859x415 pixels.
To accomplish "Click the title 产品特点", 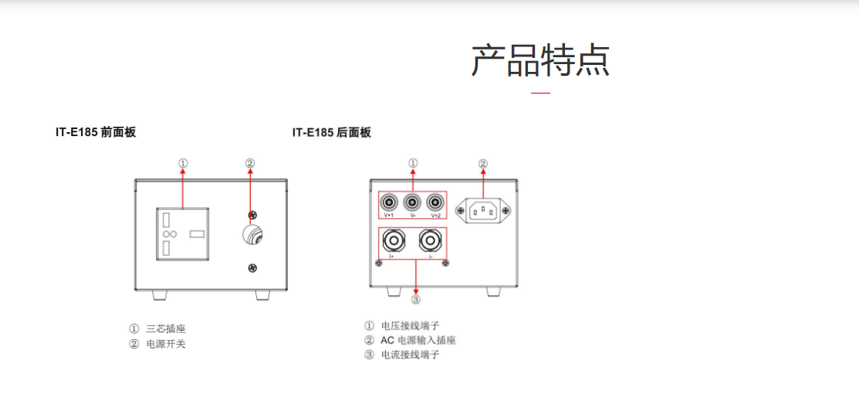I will coord(540,60).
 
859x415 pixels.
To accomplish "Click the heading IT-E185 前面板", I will coord(95,132).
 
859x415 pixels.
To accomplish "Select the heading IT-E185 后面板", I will coord(331,132).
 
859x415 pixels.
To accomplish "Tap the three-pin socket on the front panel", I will coord(183,233).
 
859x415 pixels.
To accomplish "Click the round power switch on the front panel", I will coord(252,234).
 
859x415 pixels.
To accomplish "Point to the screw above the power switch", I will coord(252,214).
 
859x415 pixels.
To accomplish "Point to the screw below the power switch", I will coord(252,268).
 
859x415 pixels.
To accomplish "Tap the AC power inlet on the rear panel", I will coord(483,209).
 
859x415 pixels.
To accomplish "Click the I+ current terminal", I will coord(392,241).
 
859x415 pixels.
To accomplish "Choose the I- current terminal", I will coord(431,241).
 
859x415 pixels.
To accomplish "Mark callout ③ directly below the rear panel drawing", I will coord(415,299).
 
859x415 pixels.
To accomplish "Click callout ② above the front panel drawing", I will coord(250,163).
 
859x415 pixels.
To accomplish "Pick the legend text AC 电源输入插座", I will coord(418,340).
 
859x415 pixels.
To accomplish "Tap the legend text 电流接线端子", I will coord(410,355).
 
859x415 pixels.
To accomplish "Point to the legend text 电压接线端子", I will coord(410,326).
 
